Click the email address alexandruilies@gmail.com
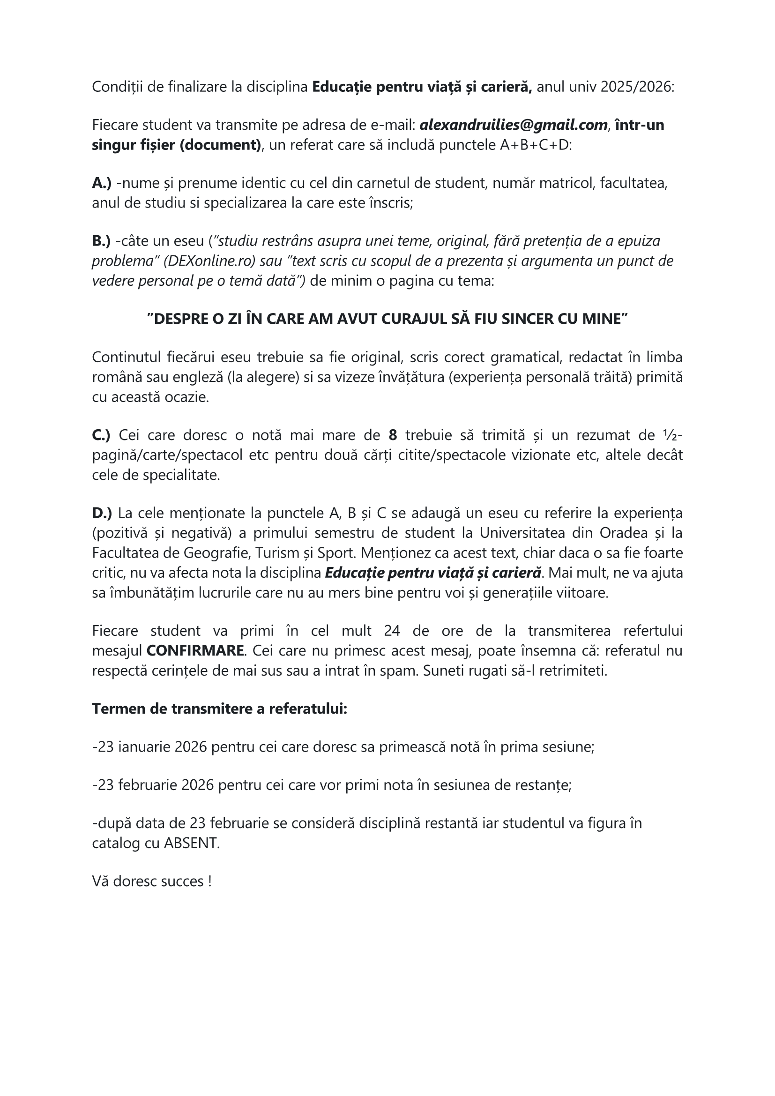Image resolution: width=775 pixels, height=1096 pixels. tap(514, 125)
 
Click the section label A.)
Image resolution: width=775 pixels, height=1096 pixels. tap(102, 183)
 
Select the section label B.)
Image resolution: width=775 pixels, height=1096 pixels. tap(101, 241)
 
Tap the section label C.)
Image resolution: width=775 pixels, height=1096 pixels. tap(101, 435)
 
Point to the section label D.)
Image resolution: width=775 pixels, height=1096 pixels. tap(102, 513)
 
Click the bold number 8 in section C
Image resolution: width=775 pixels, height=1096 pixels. tap(393, 435)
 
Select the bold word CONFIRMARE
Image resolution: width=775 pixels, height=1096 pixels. tap(195, 651)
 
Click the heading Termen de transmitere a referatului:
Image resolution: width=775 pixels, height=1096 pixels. tap(219, 709)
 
